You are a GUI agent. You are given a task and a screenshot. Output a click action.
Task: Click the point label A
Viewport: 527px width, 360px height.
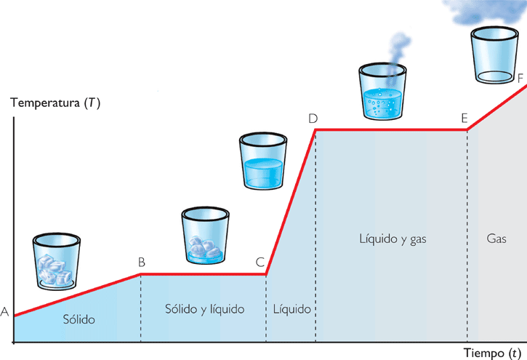(4, 313)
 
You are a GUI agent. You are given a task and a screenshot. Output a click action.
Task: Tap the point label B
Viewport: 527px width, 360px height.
(141, 263)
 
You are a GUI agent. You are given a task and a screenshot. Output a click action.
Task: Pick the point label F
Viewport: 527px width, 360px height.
(520, 76)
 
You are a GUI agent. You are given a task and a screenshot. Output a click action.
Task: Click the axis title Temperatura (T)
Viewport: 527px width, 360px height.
(55, 103)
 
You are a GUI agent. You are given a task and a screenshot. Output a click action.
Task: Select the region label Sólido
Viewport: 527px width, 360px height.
(79, 319)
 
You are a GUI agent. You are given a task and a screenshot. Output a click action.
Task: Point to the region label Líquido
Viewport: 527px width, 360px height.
(292, 309)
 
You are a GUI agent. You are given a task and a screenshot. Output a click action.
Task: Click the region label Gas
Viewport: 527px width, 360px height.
(495, 238)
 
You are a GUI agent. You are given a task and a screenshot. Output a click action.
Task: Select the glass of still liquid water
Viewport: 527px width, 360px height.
(263, 161)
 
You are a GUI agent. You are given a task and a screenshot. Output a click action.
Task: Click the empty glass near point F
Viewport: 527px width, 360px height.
(494, 56)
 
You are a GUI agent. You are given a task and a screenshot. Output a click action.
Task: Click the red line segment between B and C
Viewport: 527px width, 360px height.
(204, 274)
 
